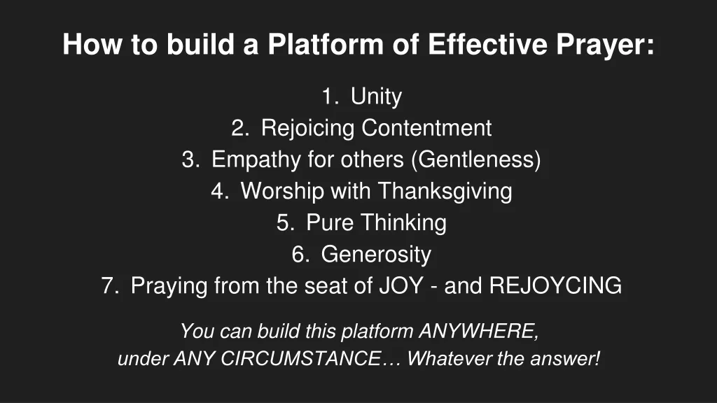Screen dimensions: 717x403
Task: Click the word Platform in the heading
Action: pos(325,44)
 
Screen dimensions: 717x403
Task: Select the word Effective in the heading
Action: pos(487,44)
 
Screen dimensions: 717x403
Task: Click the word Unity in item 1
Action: pos(376,97)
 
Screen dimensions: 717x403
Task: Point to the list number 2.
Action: pos(240,128)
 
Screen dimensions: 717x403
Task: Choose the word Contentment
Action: pos(426,128)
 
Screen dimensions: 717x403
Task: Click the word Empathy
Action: pos(256,160)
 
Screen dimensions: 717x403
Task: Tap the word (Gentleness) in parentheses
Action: pos(476,160)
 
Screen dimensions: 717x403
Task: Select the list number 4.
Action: pos(220,191)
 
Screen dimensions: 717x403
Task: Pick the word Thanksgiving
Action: pos(445,192)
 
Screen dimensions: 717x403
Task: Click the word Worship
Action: pos(283,192)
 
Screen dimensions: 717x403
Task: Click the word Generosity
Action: pos(376,255)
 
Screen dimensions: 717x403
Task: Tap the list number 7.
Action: pos(110,286)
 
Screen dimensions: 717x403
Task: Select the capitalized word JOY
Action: pos(401,286)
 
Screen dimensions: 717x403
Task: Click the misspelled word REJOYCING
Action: pos(555,286)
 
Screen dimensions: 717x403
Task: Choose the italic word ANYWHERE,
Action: pos(479,332)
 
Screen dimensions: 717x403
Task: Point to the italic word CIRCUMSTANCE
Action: pos(300,359)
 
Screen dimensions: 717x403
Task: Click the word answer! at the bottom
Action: pos(565,359)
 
